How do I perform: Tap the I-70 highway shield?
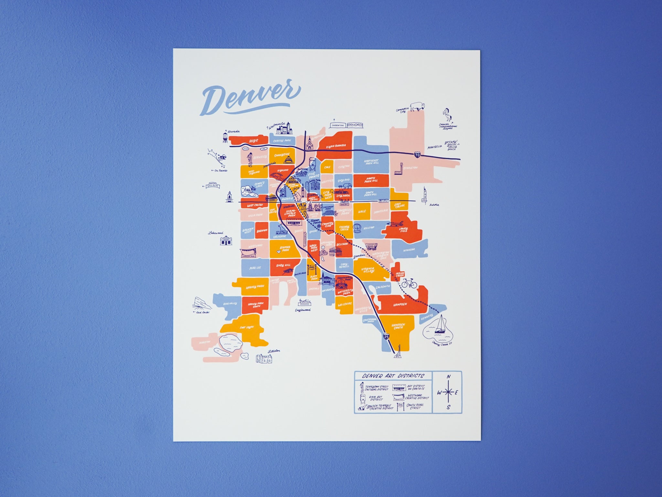(x=417, y=155)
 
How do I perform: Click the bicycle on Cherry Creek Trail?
(x=409, y=283)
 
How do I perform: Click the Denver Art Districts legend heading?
(x=393, y=376)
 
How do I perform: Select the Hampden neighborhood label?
(x=400, y=304)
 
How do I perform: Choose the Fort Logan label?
(x=246, y=328)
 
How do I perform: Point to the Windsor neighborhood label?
(x=409, y=250)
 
